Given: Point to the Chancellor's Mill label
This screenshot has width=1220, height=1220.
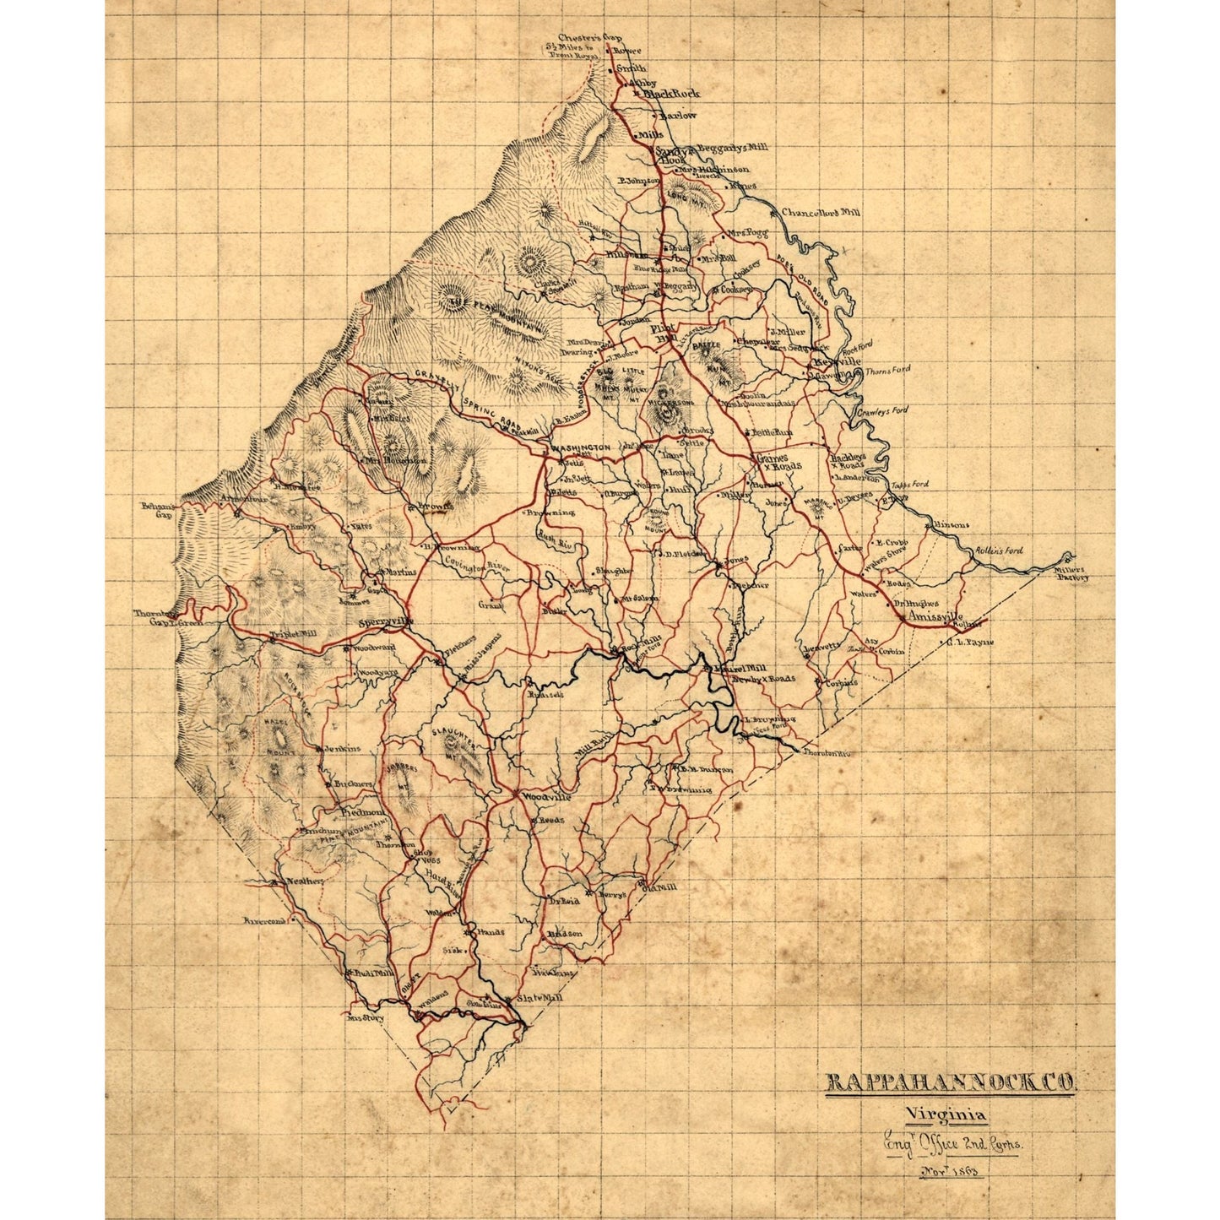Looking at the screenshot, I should tap(820, 213).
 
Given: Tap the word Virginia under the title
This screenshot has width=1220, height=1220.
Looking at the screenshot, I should tap(944, 1114).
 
